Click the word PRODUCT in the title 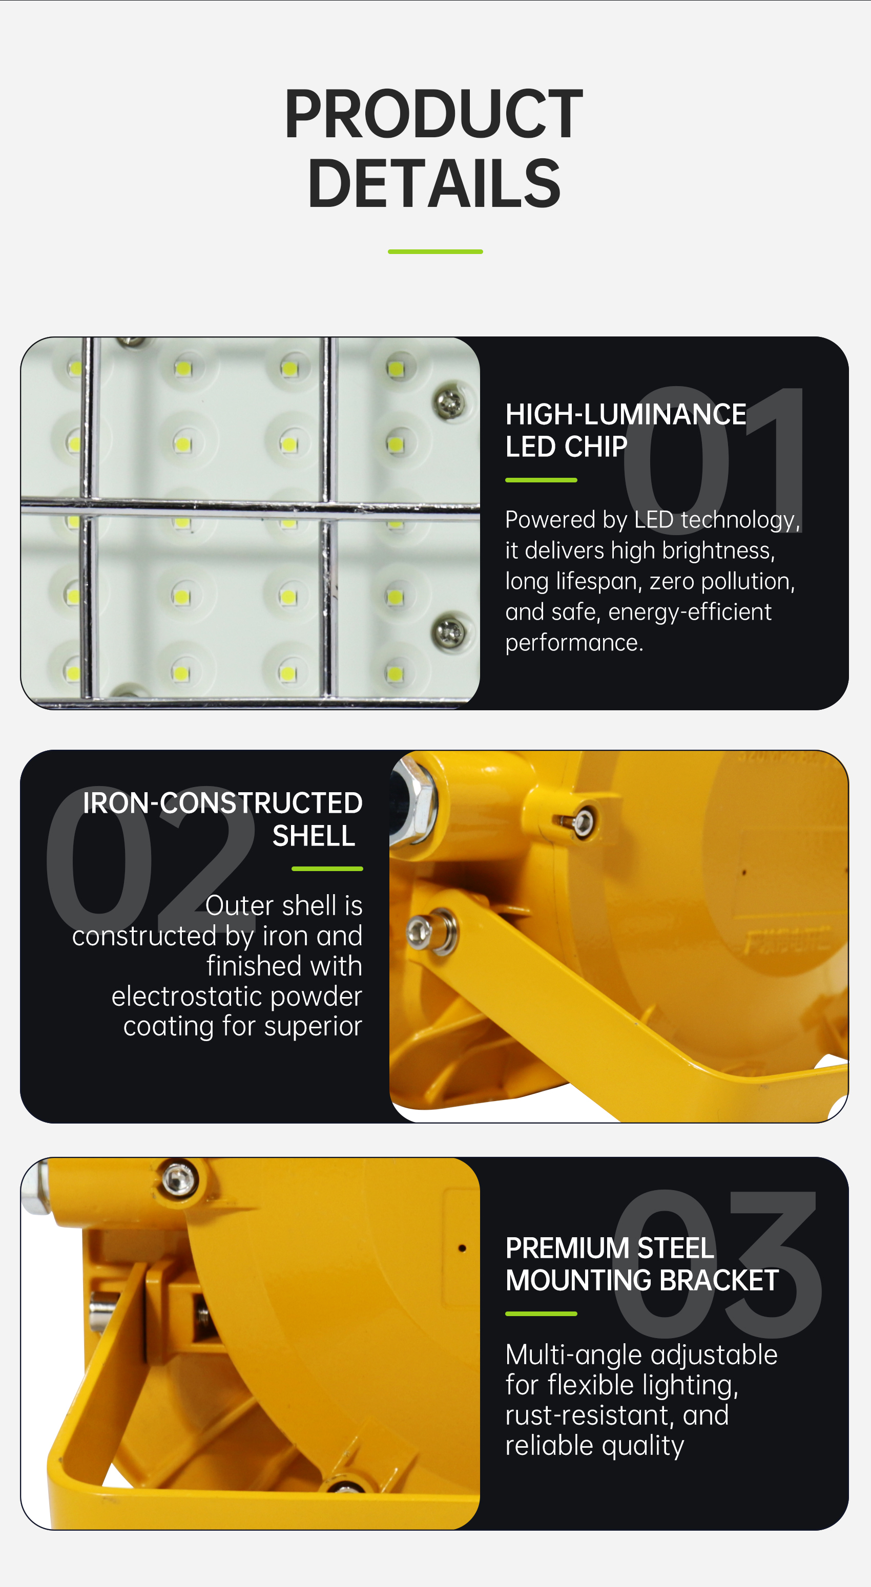point(434,114)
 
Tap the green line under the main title point(435,251)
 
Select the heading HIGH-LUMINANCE point(626,414)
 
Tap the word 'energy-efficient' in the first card point(690,612)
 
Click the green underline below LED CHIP point(541,480)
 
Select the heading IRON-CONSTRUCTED point(222,803)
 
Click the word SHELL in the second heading point(314,835)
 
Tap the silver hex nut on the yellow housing point(412,801)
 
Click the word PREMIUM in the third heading point(567,1248)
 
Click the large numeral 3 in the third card point(774,1265)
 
